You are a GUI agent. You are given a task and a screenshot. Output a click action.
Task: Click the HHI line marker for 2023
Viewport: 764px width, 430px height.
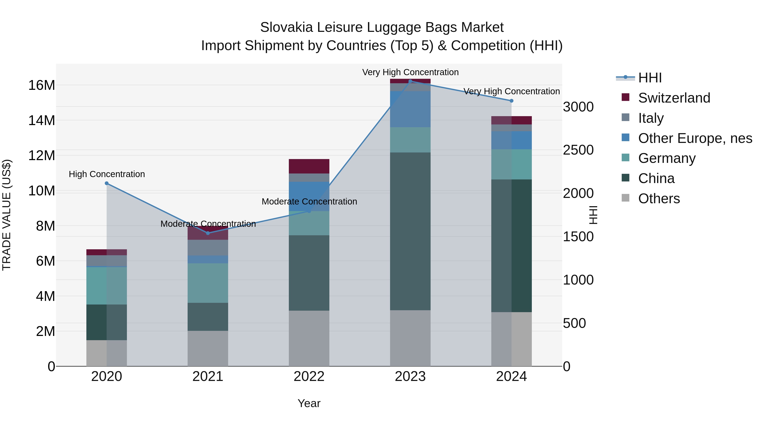click(410, 81)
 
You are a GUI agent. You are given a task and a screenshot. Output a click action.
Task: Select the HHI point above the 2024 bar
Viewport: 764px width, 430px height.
click(511, 101)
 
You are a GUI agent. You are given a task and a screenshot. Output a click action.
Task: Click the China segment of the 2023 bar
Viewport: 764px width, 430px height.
click(410, 231)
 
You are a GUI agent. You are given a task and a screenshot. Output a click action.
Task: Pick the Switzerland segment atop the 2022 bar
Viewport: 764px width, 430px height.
click(309, 166)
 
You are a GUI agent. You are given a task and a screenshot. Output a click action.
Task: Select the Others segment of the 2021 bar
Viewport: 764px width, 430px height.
click(208, 348)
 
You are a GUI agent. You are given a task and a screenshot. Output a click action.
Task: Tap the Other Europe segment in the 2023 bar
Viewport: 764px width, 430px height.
click(410, 109)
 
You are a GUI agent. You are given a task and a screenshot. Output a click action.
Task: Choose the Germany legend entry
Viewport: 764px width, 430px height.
click(667, 158)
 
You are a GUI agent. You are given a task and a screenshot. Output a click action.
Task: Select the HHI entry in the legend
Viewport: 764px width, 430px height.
click(650, 78)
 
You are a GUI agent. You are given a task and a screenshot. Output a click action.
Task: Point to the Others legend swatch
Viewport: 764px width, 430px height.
click(625, 198)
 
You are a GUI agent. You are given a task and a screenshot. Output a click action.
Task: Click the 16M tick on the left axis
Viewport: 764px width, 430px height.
click(42, 85)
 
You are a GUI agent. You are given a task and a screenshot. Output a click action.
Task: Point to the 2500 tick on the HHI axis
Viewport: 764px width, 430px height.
click(578, 150)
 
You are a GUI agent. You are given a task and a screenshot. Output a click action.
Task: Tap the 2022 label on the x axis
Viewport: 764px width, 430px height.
click(309, 376)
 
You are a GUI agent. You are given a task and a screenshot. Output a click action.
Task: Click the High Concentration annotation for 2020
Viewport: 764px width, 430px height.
click(107, 174)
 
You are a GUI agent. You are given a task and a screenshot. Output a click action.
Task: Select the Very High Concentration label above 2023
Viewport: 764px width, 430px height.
click(410, 72)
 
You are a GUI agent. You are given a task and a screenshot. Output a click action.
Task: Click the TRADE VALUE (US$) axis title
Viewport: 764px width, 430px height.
click(7, 215)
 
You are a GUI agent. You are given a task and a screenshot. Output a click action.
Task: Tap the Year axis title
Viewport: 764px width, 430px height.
click(309, 403)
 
